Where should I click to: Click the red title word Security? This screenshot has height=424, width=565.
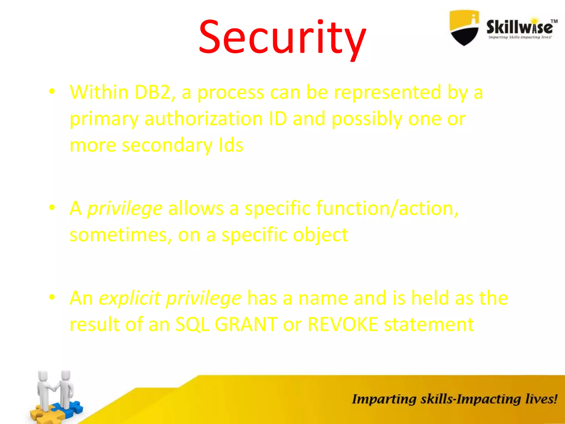coord(282,37)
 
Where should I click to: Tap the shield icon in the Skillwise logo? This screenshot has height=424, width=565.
coord(464,28)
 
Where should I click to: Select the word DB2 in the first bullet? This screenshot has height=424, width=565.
coord(154,92)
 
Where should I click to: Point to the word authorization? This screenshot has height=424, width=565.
coord(203,119)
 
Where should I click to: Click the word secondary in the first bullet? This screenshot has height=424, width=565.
coord(167,145)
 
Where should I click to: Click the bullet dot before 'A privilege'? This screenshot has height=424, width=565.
coord(52,207)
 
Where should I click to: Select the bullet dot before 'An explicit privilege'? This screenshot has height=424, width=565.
coord(52,297)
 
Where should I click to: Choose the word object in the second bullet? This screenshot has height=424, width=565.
coord(320,235)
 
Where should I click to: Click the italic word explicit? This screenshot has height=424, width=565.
coord(130,298)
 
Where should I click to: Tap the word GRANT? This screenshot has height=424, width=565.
coord(246,324)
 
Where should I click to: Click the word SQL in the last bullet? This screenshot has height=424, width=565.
coord(192,324)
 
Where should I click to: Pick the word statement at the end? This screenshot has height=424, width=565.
coord(429,324)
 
